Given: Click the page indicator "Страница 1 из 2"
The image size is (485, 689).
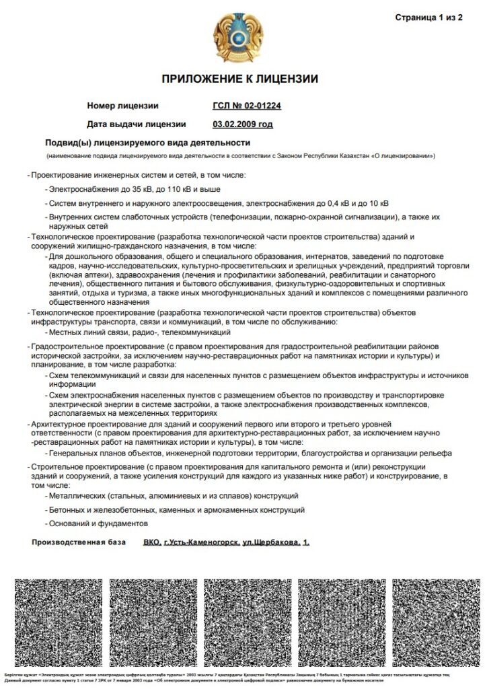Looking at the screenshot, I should point(428,17).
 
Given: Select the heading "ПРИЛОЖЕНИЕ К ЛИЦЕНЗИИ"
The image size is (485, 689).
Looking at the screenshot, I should point(240,79).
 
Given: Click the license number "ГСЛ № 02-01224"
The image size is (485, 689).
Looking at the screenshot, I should point(246,106).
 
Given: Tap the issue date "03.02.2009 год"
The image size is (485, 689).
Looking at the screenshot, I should point(243,124).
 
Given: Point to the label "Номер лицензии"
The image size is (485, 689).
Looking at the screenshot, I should point(122,106).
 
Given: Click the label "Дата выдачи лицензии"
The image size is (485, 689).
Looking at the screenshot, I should point(137,124).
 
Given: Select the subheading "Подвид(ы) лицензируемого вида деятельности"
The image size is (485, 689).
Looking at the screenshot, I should point(147,143).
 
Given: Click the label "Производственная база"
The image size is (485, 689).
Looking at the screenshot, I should point(78,542).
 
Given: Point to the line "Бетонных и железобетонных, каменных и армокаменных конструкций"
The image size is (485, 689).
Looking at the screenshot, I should point(177,510).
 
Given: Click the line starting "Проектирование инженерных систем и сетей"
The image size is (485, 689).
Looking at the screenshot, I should point(137,175).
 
